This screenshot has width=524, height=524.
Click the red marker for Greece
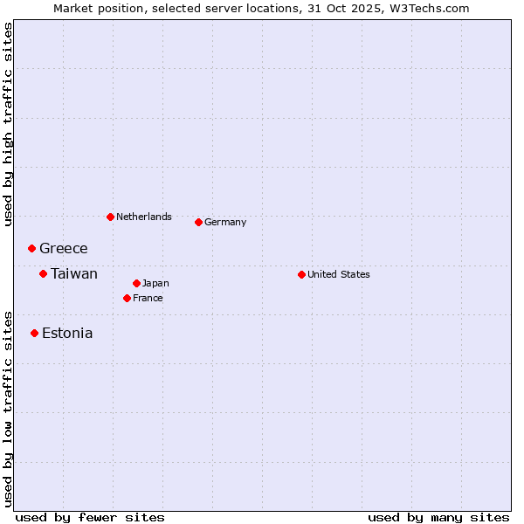point(32,249)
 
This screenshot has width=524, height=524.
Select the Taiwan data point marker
point(43,274)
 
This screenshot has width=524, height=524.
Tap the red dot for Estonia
point(34,333)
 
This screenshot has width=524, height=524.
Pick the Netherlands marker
point(110,217)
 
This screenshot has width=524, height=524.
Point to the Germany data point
point(198,222)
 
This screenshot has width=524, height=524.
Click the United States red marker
point(301,274)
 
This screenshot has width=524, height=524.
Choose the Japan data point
point(136,283)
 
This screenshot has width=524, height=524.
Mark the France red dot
point(127,298)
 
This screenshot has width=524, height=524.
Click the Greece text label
point(64,249)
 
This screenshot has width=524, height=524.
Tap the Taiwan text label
point(74,274)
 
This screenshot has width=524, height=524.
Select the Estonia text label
point(67,333)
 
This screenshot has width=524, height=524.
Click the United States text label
point(339,274)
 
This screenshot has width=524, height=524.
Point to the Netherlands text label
point(144,217)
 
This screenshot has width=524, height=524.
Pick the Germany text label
point(225,222)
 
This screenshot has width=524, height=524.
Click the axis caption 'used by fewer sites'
point(90,517)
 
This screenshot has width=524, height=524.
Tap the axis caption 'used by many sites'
point(438,517)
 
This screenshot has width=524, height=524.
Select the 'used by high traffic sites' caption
point(8,124)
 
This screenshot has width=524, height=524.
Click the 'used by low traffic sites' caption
point(8,408)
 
